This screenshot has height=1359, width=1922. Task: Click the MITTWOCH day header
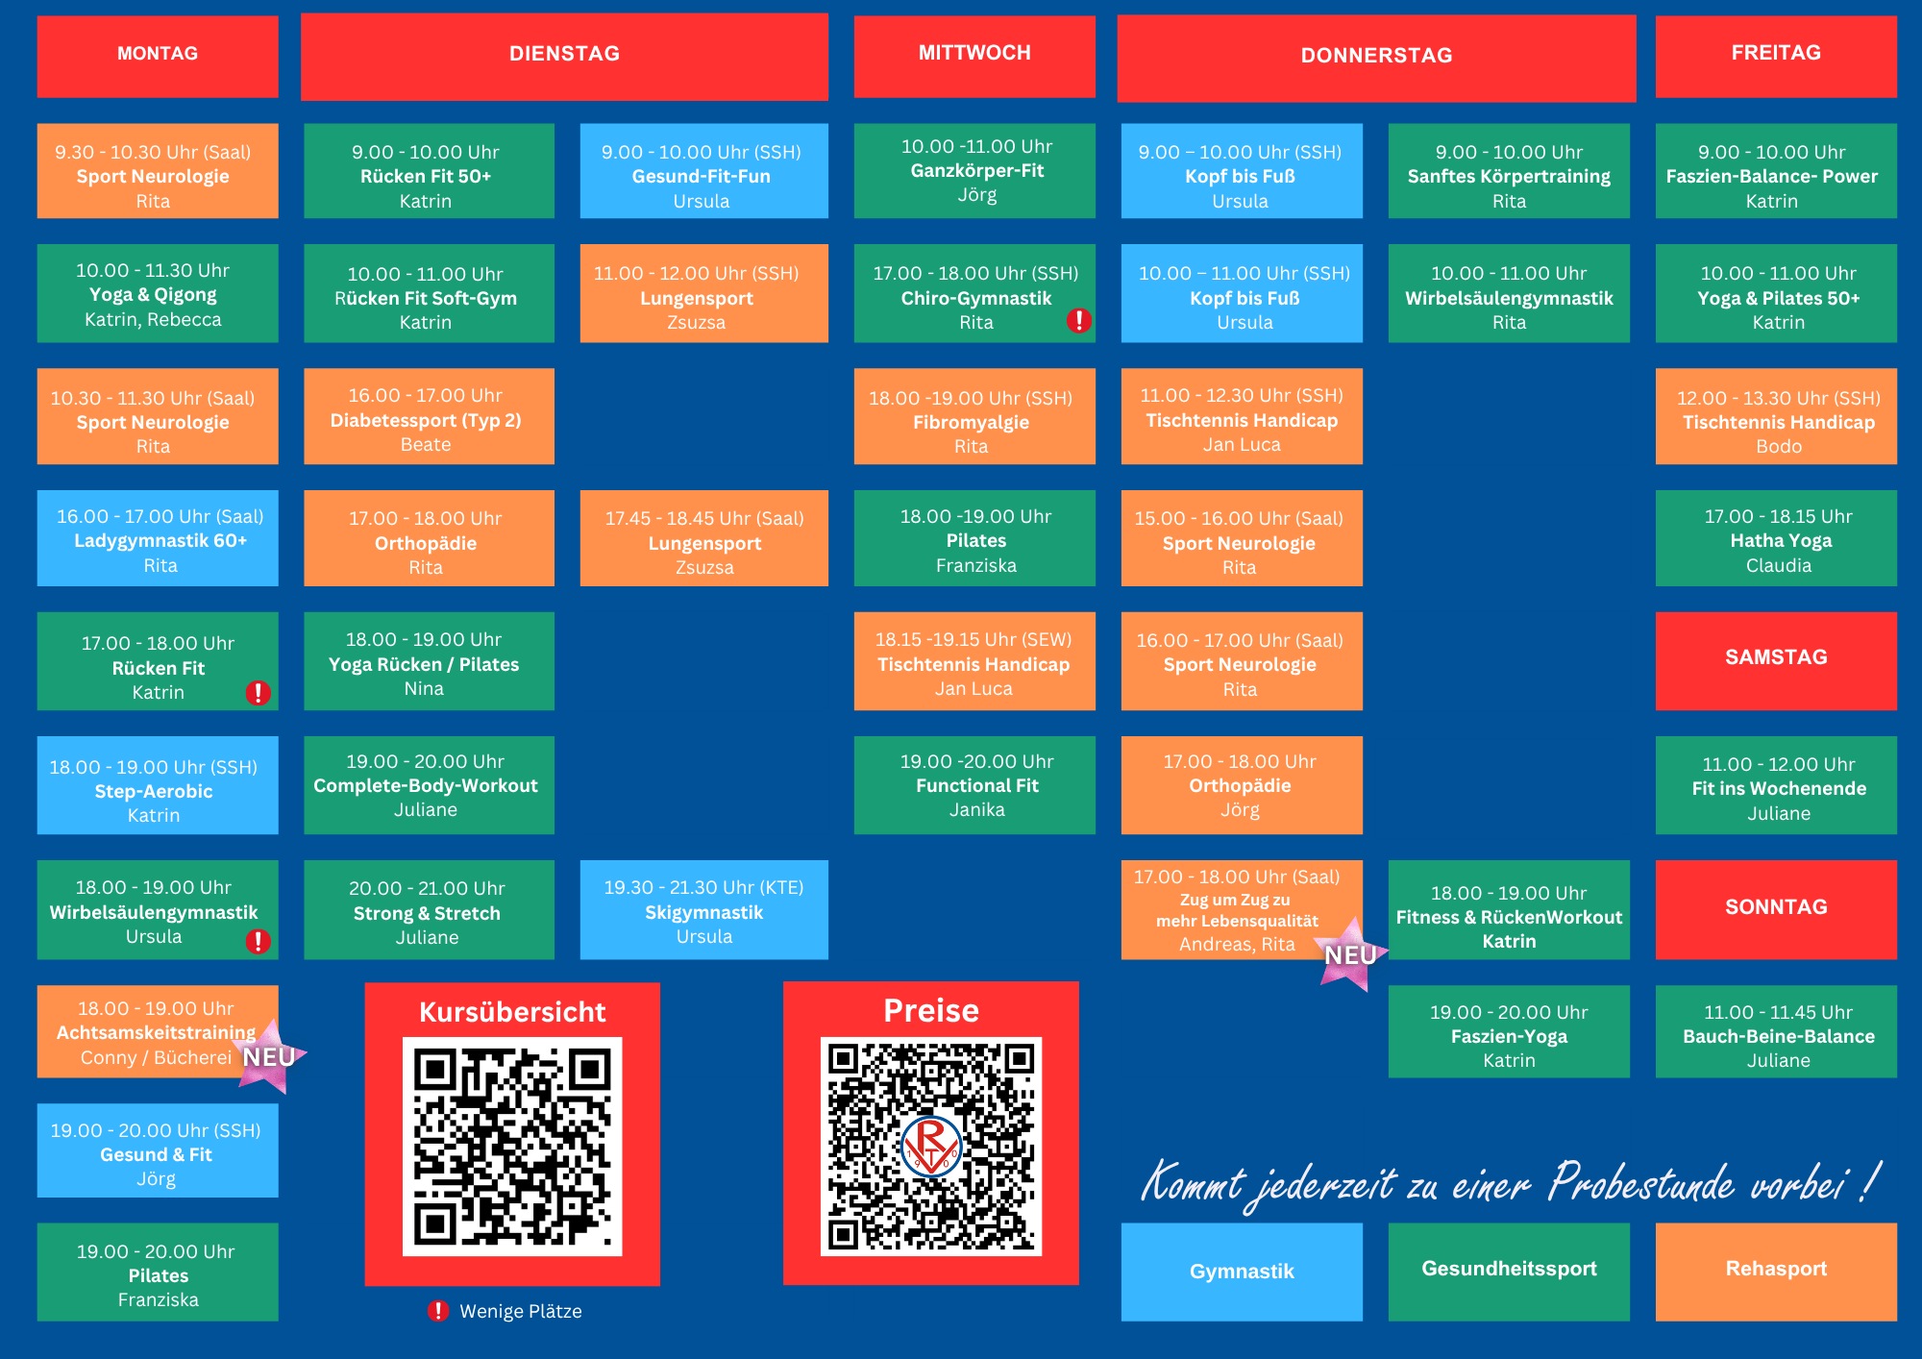tap(974, 56)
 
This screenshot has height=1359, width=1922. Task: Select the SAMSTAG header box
tap(1776, 660)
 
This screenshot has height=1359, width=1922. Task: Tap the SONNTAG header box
tap(1776, 909)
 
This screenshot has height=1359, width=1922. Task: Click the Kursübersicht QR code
tap(512, 1146)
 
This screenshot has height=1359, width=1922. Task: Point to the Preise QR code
tap(931, 1146)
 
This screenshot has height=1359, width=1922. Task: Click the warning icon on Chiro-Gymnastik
tap(1079, 320)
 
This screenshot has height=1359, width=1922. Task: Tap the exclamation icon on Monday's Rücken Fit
tap(258, 692)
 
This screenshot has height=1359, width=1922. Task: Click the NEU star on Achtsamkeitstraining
tap(270, 1056)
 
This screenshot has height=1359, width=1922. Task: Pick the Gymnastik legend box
tap(1242, 1272)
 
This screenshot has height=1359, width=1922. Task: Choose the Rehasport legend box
tap(1776, 1272)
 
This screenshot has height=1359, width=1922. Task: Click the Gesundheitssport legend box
tap(1509, 1272)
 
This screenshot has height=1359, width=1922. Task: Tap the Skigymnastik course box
tap(704, 909)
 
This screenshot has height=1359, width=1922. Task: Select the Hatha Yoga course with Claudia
tap(1776, 538)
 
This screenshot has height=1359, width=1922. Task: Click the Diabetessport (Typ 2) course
tap(429, 416)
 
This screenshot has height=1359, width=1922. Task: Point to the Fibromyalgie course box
tap(974, 416)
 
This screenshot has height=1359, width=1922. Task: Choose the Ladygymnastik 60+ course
tap(158, 538)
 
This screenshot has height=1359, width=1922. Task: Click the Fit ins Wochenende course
tap(1776, 785)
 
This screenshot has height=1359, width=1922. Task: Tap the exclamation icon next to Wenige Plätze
tap(438, 1311)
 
